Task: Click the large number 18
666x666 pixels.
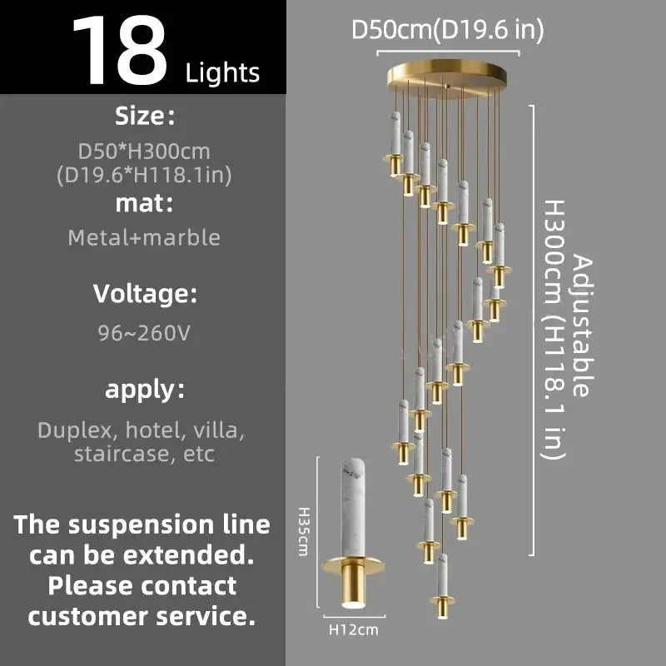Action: click(120, 50)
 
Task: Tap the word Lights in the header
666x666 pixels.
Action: click(222, 72)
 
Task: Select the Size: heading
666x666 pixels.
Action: click(144, 116)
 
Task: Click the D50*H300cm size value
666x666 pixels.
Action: click(144, 152)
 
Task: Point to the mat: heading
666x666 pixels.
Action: click(144, 203)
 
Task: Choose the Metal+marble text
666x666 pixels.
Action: click(144, 237)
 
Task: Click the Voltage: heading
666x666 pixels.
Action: click(145, 294)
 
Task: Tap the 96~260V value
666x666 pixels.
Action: click(144, 333)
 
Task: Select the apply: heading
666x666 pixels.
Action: click(145, 390)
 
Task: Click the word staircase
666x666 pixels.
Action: click(123, 454)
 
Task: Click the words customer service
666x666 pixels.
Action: click(142, 616)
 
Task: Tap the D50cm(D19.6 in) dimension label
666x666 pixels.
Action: click(448, 30)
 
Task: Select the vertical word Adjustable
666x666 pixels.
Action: click(582, 326)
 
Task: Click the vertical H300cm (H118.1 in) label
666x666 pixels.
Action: click(554, 330)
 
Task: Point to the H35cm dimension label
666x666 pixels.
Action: click(303, 531)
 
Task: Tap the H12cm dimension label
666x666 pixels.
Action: click(354, 629)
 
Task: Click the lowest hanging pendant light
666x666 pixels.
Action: click(443, 586)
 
